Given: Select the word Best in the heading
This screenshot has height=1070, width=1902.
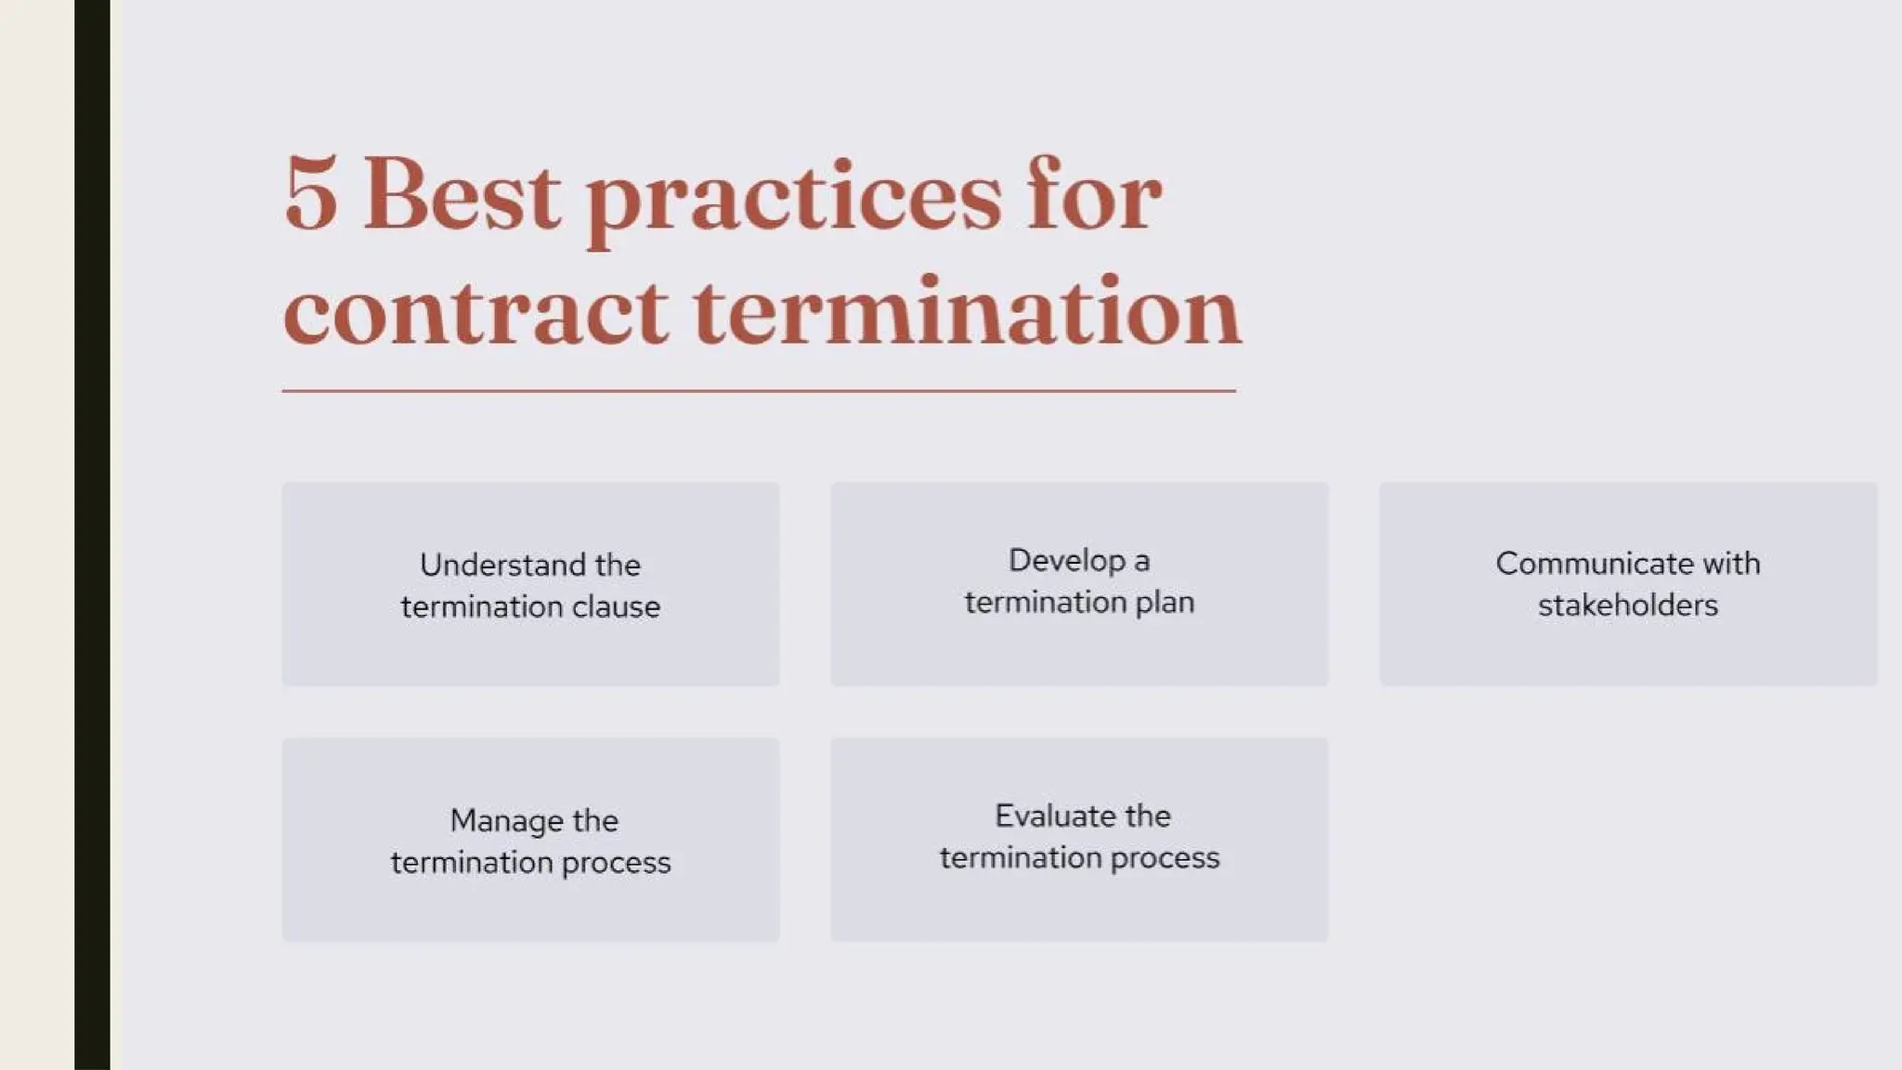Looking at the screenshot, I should (x=462, y=195).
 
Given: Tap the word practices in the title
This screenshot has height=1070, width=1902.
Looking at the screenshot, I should (x=794, y=200).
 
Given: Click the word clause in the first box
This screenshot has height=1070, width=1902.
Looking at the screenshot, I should (x=616, y=607).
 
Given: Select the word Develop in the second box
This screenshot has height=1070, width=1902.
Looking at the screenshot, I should (x=1067, y=560).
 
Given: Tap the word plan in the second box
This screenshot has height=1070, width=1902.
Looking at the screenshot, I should (x=1165, y=602).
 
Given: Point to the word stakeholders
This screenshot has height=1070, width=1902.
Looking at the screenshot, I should (x=1628, y=605).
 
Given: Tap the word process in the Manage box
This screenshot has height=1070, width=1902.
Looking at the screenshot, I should (x=616, y=862).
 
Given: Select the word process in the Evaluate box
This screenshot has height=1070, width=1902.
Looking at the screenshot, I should (x=1165, y=857).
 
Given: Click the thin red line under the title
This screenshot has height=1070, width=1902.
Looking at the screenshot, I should (x=758, y=391).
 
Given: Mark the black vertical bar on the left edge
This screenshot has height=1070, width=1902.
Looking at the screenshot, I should (x=92, y=535).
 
